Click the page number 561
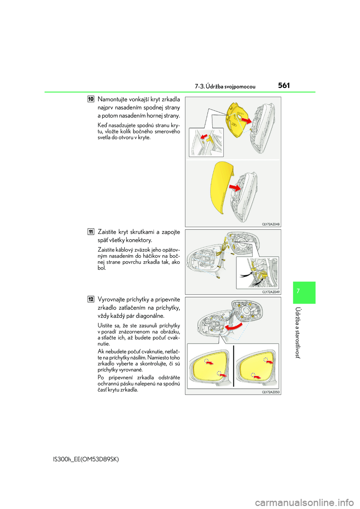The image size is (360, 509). (284, 85)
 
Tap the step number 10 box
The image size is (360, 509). (91, 99)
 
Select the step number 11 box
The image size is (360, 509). (91, 232)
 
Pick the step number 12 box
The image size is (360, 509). (91, 299)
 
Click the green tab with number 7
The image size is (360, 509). (304, 292)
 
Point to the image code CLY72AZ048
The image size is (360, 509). (270, 224)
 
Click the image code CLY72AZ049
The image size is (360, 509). (270, 292)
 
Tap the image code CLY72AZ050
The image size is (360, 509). (270, 392)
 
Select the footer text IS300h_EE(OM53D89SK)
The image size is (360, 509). (86, 459)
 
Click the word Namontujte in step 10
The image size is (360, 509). (112, 99)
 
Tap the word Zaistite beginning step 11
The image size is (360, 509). (107, 232)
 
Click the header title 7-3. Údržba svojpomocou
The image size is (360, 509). (225, 87)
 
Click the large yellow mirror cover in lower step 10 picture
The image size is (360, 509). (221, 186)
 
